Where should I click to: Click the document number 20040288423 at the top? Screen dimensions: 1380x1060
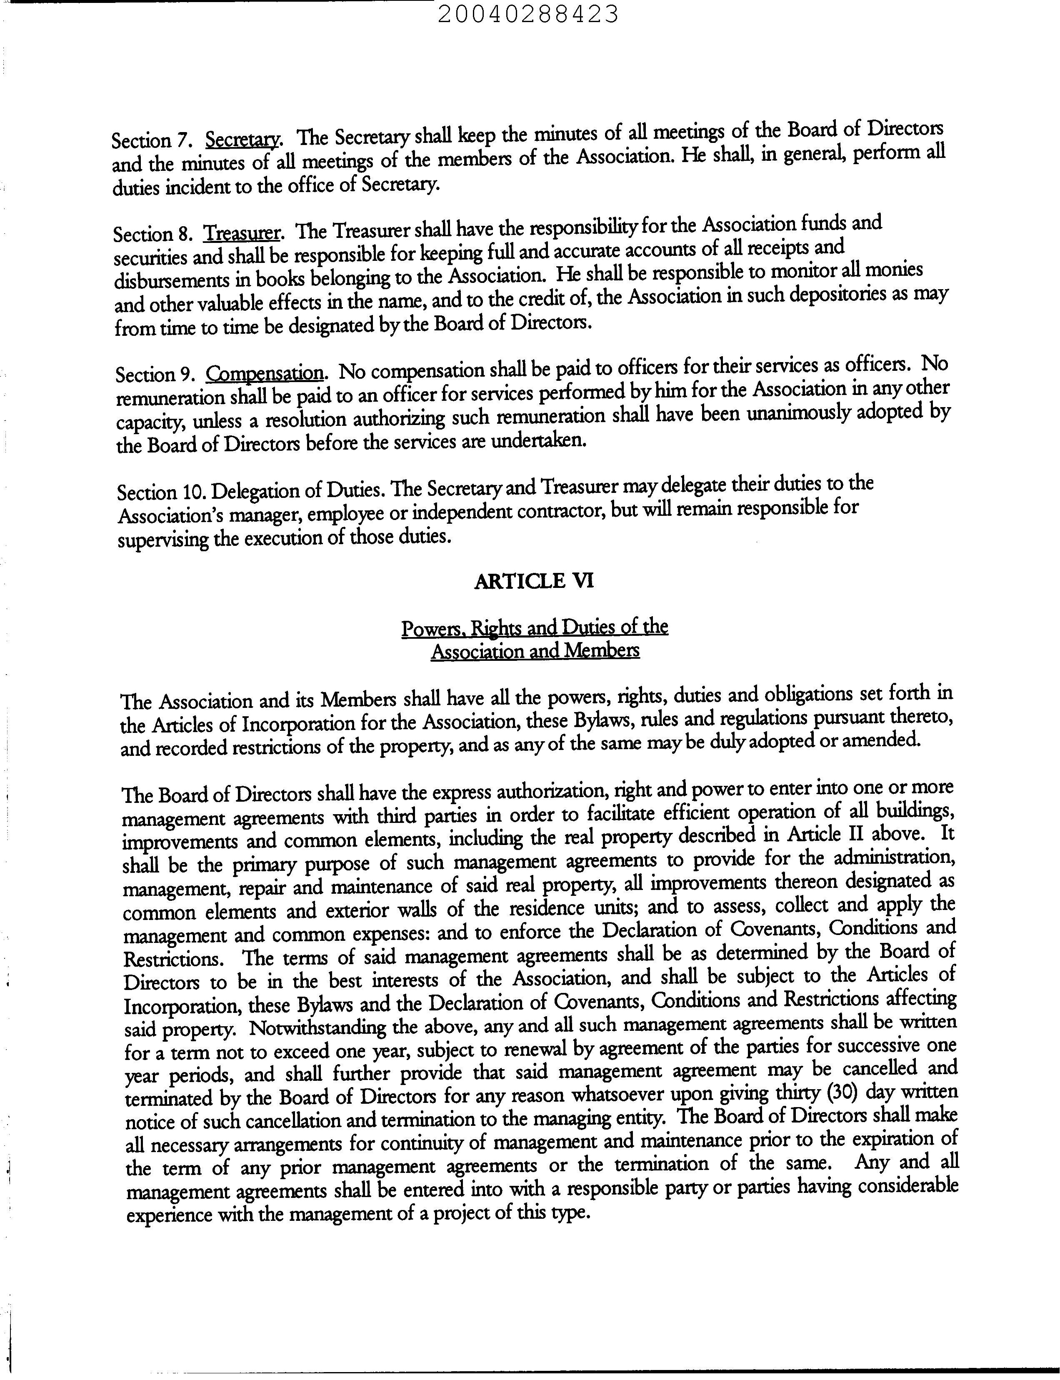527,14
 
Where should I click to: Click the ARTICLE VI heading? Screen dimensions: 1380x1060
533,580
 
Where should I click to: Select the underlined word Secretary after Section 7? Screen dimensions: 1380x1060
243,138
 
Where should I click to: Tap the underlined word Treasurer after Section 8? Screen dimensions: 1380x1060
242,233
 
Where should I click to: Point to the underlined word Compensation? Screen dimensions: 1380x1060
265,374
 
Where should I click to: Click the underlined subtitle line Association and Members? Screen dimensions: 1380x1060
535,650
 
